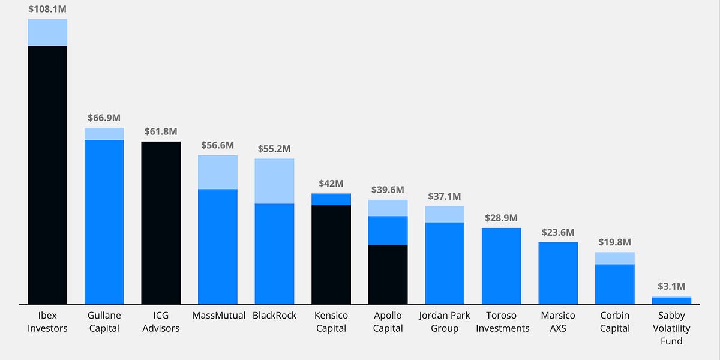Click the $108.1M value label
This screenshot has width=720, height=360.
[x=47, y=10]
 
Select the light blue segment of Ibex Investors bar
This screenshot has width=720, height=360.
[x=47, y=32]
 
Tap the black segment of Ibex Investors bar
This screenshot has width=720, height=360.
[x=47, y=174]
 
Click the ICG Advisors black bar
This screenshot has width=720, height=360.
[x=161, y=223]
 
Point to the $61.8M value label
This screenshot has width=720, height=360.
[x=161, y=131]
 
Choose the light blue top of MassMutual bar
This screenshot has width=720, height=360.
[x=218, y=172]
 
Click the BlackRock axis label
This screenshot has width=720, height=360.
[x=274, y=316]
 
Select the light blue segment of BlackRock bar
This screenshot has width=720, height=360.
[x=274, y=181]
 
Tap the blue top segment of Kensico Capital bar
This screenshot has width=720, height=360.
[x=331, y=199]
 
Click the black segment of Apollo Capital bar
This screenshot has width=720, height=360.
[x=388, y=274]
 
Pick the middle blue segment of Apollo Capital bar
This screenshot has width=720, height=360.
[x=388, y=230]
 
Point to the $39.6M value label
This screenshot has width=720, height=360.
[x=388, y=190]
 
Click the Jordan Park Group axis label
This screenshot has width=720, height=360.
[x=445, y=322]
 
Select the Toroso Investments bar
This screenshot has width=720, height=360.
[x=501, y=266]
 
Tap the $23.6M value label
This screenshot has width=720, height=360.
[x=558, y=232]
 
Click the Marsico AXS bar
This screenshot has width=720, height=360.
[x=558, y=273]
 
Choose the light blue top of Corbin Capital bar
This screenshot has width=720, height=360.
[x=614, y=258]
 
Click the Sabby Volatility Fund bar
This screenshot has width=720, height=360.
[x=671, y=301]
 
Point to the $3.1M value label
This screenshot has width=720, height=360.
[x=671, y=286]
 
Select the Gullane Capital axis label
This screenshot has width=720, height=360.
[x=104, y=322]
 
